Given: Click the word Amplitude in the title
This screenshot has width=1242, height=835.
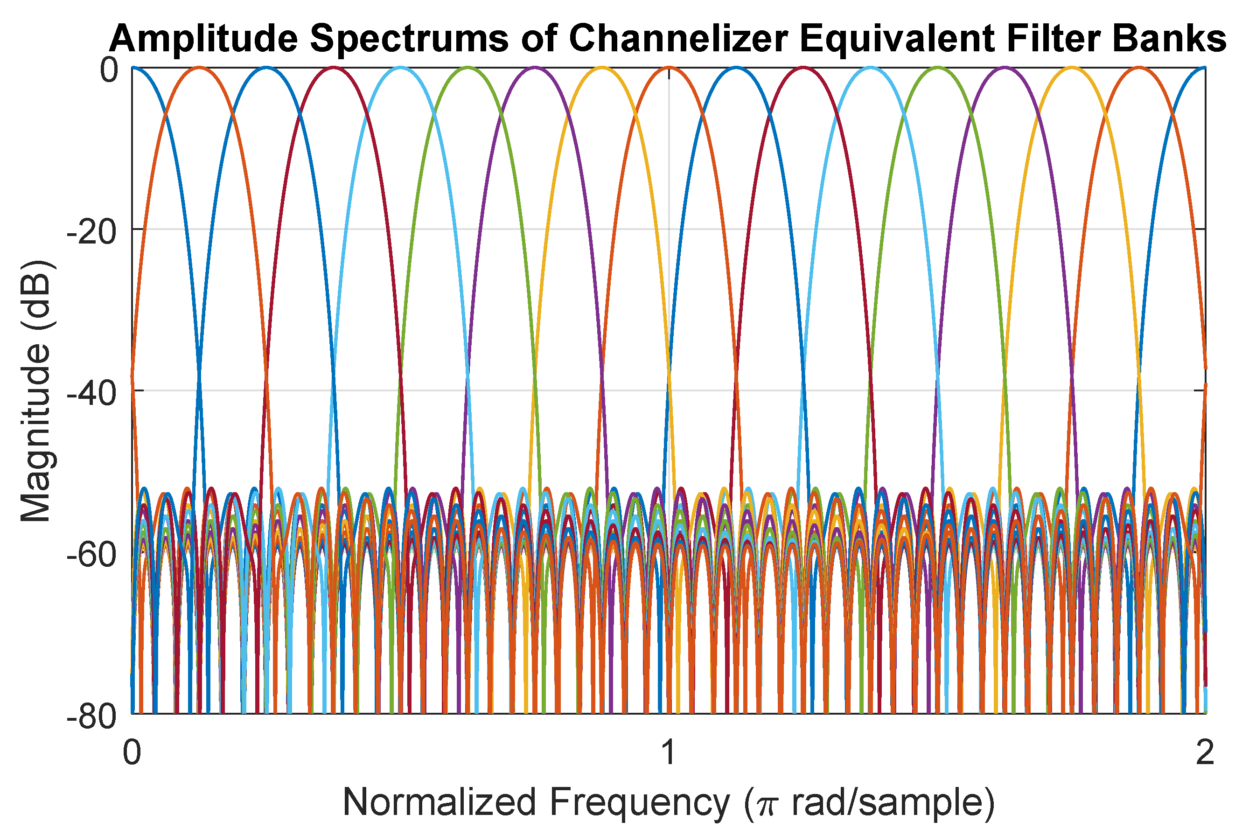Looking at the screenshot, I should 202,38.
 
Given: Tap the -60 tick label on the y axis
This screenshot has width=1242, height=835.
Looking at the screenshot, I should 91,556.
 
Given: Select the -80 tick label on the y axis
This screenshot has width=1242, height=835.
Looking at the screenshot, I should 91,717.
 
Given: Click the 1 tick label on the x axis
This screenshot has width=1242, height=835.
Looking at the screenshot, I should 669,753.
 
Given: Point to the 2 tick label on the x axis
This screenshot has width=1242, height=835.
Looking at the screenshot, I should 1205,753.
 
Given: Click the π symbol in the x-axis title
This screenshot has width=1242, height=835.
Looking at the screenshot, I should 765,805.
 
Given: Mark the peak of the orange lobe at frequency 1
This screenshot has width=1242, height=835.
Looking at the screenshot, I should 669,68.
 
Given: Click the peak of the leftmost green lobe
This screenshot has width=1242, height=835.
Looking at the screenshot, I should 467,68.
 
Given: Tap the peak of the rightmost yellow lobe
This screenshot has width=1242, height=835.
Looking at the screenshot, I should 1072,68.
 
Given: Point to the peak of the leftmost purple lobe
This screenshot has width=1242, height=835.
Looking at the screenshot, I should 535,68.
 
